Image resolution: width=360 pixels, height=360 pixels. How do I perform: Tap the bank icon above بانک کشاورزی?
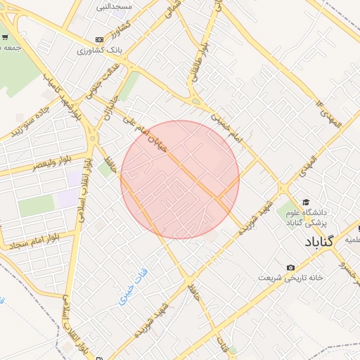(99, 39)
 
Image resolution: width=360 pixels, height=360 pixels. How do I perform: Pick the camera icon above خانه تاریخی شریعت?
(290, 266)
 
